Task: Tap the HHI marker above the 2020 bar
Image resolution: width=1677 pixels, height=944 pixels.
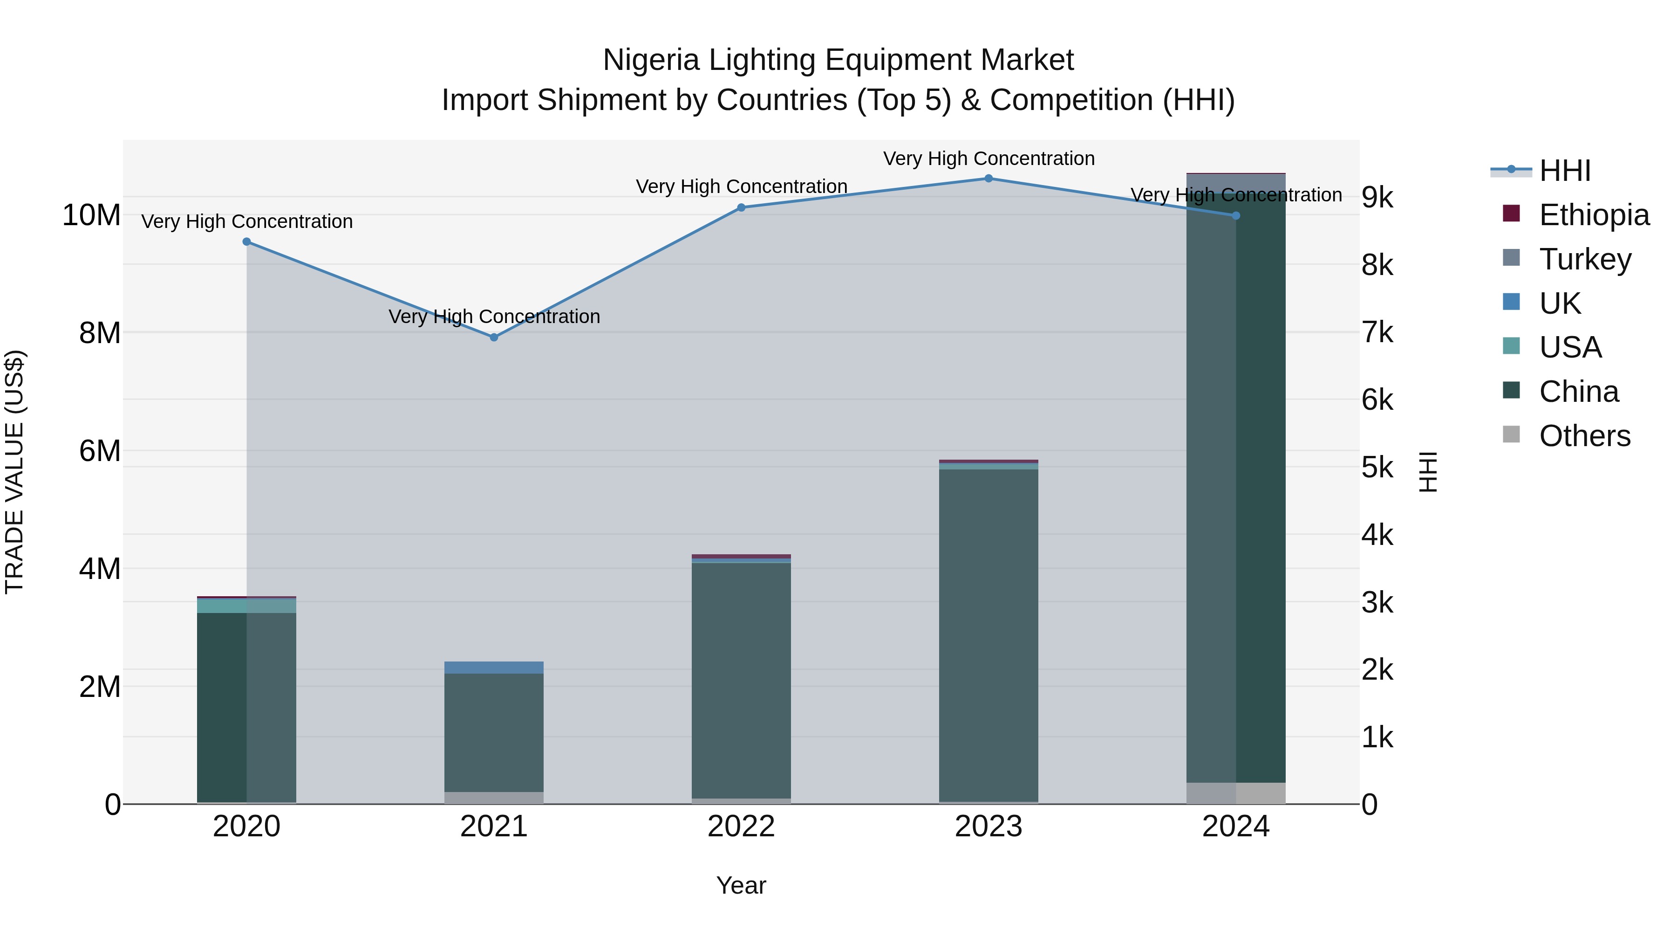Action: [x=247, y=241]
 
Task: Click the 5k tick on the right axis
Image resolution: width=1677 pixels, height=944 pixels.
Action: [x=1377, y=468]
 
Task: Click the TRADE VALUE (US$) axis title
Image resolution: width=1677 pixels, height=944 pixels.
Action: [x=14, y=472]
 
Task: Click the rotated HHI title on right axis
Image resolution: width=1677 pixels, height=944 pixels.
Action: [x=1428, y=472]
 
